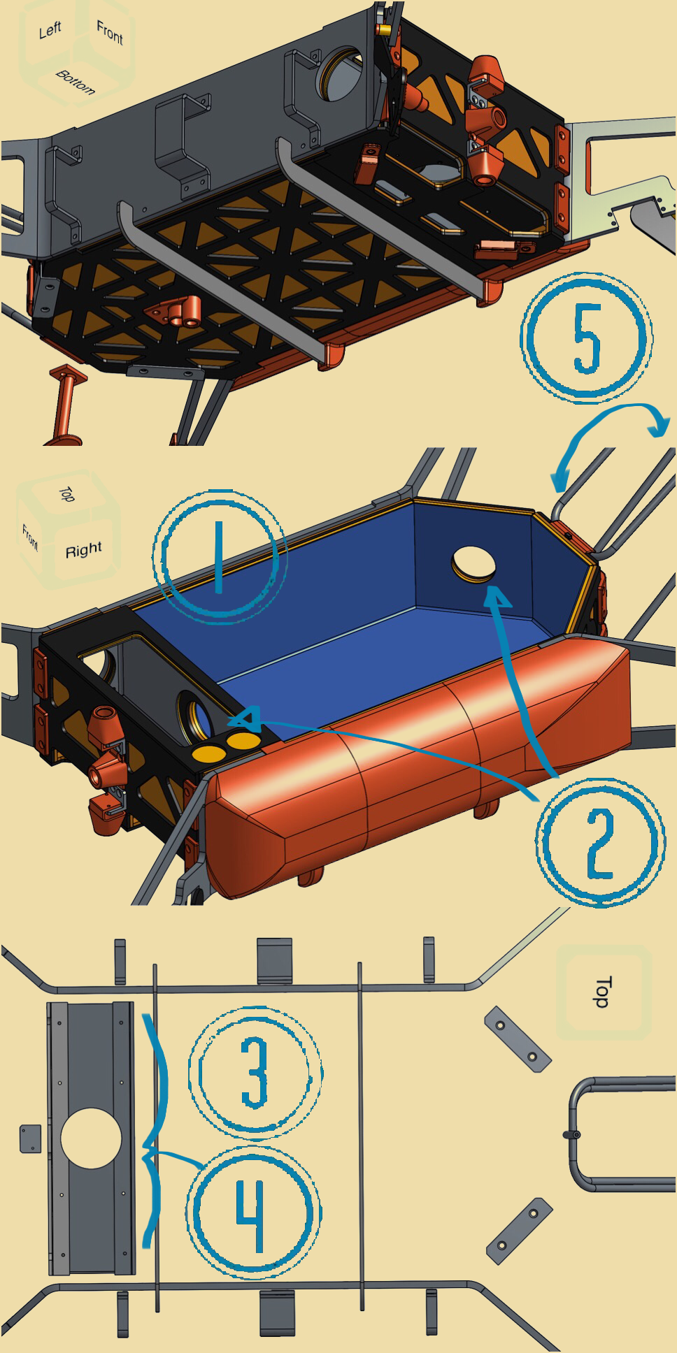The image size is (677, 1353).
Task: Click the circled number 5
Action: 586,338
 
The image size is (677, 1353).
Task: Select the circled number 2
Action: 600,843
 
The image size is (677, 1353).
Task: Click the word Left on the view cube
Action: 50,30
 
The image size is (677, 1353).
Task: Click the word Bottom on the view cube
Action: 75,82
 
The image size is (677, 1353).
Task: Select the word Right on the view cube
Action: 83,550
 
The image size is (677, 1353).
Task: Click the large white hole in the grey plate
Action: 91,1138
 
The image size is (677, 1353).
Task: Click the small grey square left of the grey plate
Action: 31,1138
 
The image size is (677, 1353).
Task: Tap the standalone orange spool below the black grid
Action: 66,405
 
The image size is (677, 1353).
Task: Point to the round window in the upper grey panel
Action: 342,73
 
